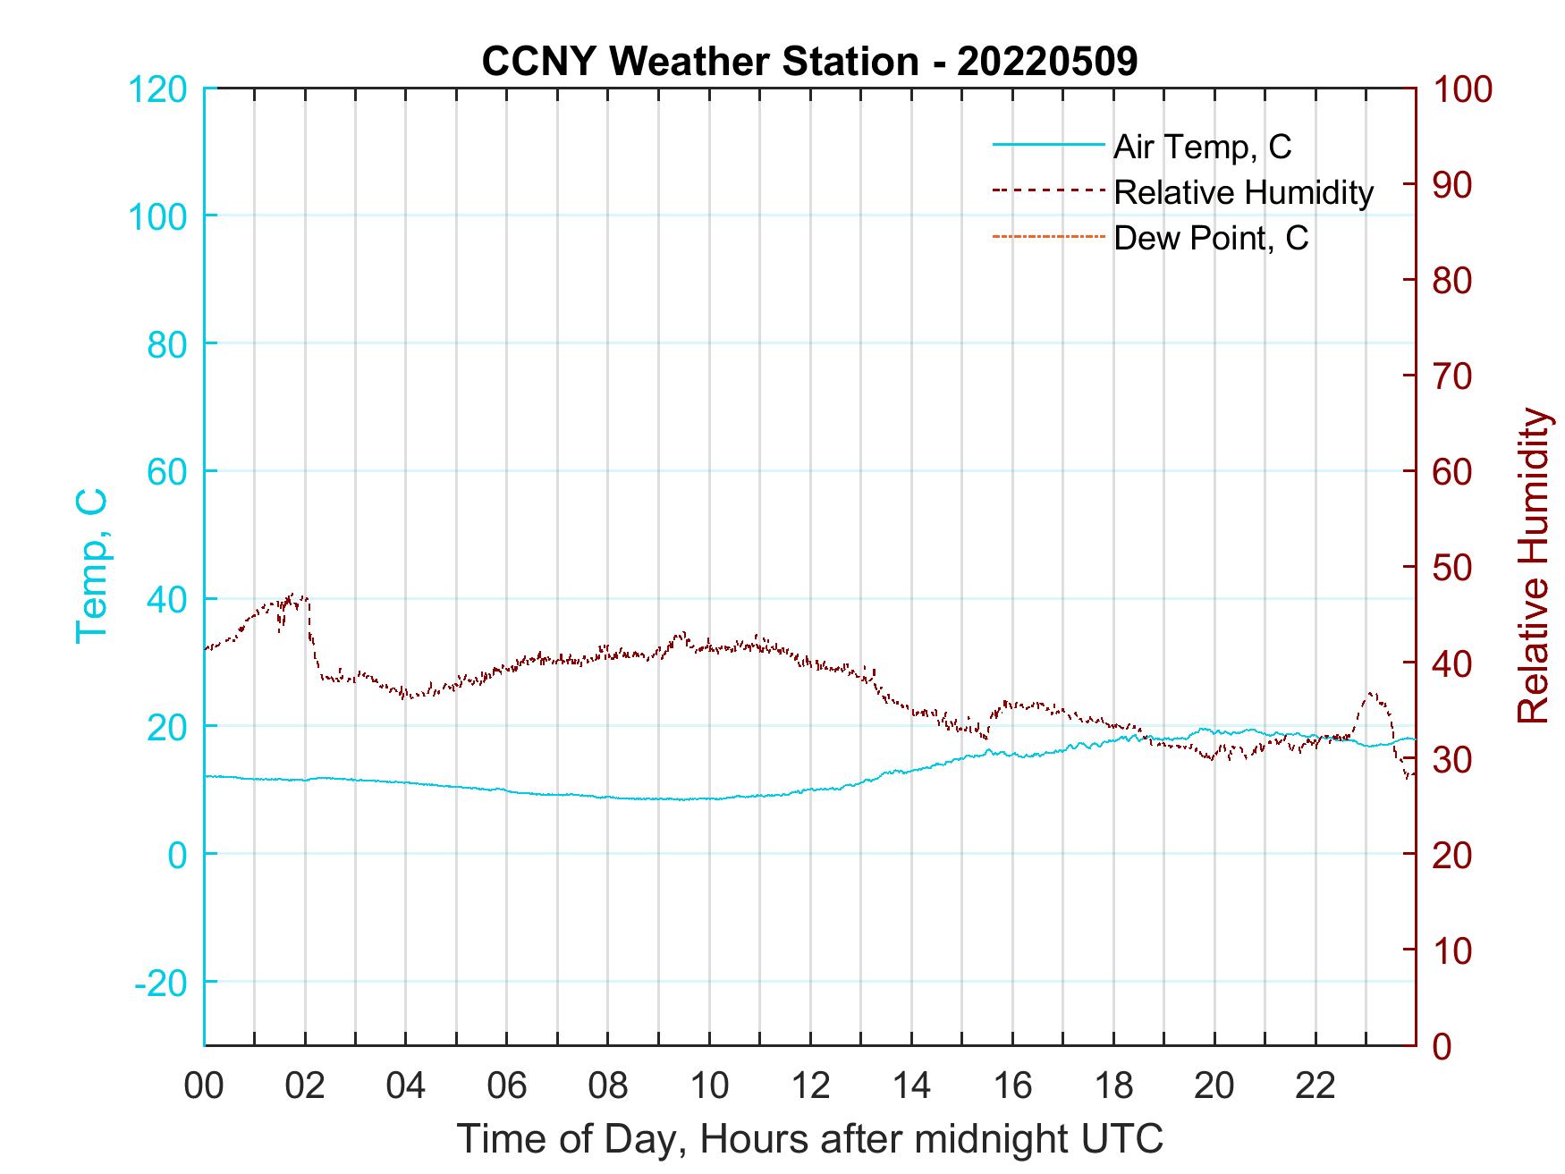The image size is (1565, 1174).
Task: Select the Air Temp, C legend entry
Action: [x=1201, y=147]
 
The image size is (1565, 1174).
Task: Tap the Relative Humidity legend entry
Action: [x=1243, y=192]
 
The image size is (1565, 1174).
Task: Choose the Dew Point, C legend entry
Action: [x=1210, y=238]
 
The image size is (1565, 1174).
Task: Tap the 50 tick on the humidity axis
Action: [x=1453, y=567]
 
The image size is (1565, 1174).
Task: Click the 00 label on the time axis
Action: [x=205, y=1086]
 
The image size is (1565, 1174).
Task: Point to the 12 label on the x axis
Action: [x=810, y=1086]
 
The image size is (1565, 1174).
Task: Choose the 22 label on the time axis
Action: [x=1315, y=1086]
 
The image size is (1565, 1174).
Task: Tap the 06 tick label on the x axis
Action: [x=507, y=1086]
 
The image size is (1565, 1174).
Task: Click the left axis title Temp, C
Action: [x=91, y=566]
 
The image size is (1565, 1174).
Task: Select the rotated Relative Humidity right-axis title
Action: [x=1533, y=566]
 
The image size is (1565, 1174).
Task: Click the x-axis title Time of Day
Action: [x=810, y=1139]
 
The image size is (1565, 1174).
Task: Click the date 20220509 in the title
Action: [x=1046, y=62]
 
